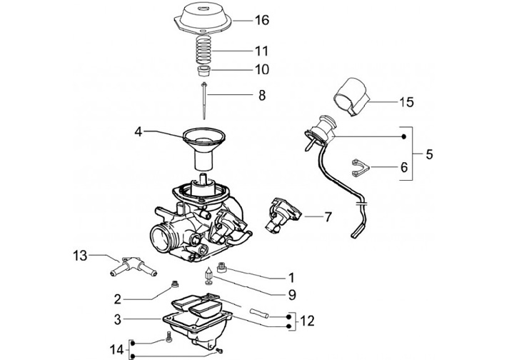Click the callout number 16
tap(262, 21)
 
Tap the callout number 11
tap(261, 51)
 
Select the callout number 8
tap(262, 94)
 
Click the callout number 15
tap(406, 102)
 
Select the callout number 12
tap(308, 321)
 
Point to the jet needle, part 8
tap(206, 100)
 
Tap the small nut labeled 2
tap(172, 286)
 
